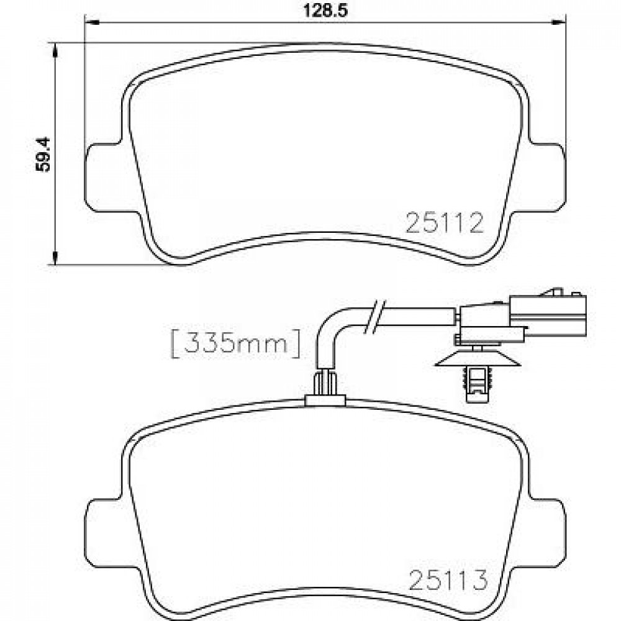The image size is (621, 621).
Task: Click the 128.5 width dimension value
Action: [x=325, y=11]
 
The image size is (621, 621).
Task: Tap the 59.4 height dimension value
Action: [x=43, y=155]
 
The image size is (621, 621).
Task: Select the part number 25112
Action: [x=445, y=222]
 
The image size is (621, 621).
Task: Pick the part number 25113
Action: [x=448, y=580]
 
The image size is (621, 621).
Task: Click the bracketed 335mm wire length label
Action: [x=235, y=343]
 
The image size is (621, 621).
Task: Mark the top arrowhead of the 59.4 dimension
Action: [x=55, y=49]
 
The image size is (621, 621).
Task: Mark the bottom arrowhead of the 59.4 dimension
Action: [x=55, y=258]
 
